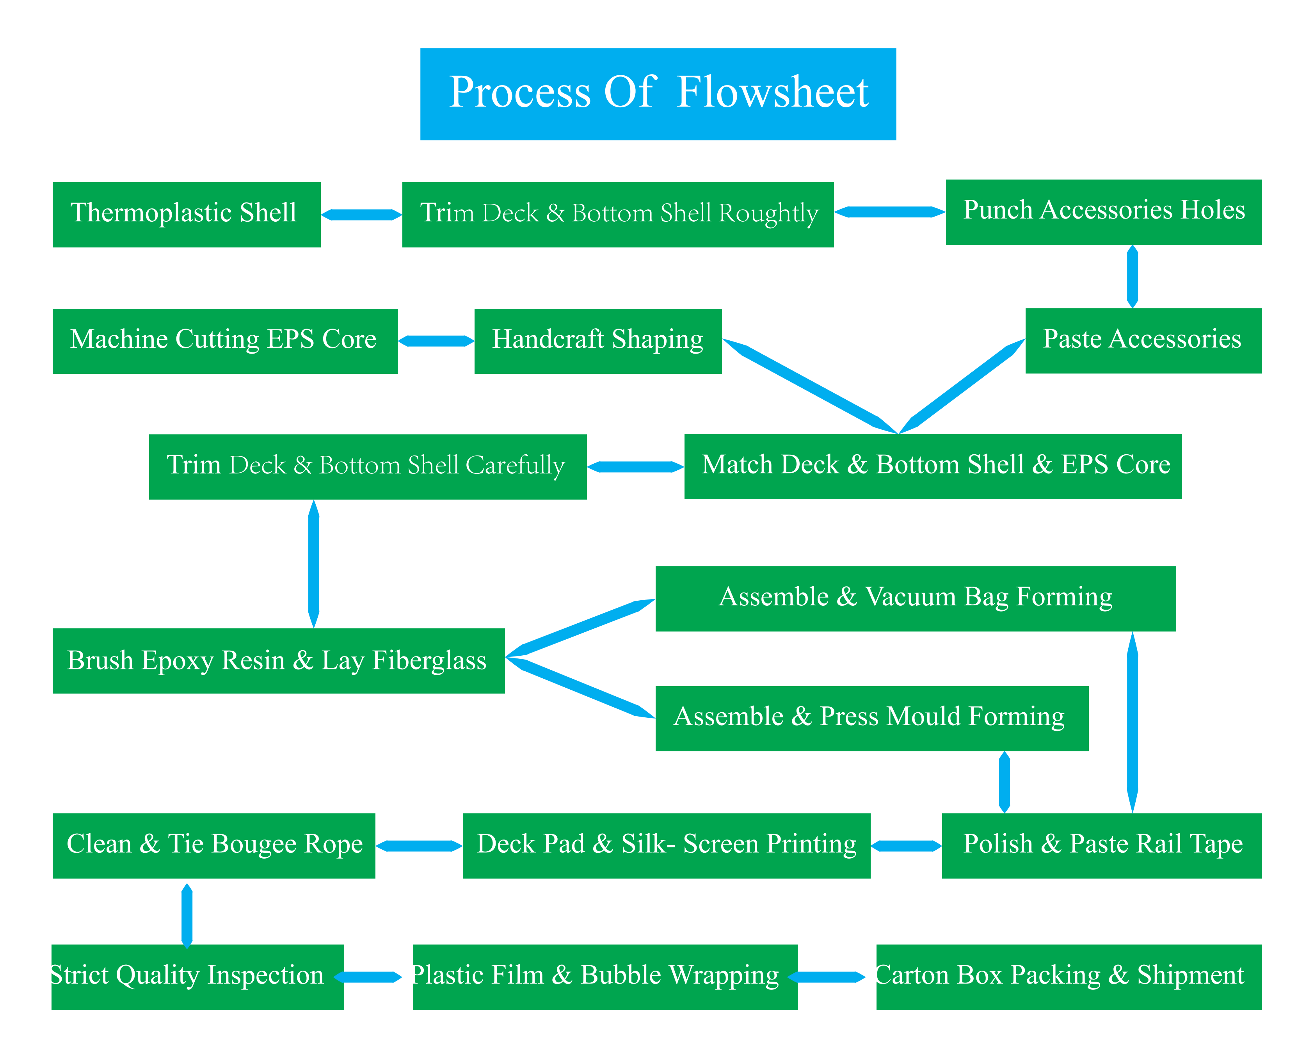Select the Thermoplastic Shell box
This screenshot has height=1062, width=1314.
coord(187,215)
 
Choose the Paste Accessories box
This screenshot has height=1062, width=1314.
coord(1143,341)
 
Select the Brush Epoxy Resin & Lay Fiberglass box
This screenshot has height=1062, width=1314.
coord(278,661)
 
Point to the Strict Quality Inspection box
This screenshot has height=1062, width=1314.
coord(197,977)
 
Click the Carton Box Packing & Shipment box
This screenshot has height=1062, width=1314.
coord(1069,977)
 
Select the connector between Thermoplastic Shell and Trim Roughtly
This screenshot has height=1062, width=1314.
coord(361,215)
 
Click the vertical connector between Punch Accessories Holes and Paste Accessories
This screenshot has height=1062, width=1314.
coord(1132,276)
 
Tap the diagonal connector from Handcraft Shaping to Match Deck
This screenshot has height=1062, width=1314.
coord(811,386)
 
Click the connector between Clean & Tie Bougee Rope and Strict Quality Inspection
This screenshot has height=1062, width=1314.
coord(187,916)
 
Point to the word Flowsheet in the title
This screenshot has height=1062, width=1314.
coord(773,93)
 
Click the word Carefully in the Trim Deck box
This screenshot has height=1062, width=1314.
coord(515,466)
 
